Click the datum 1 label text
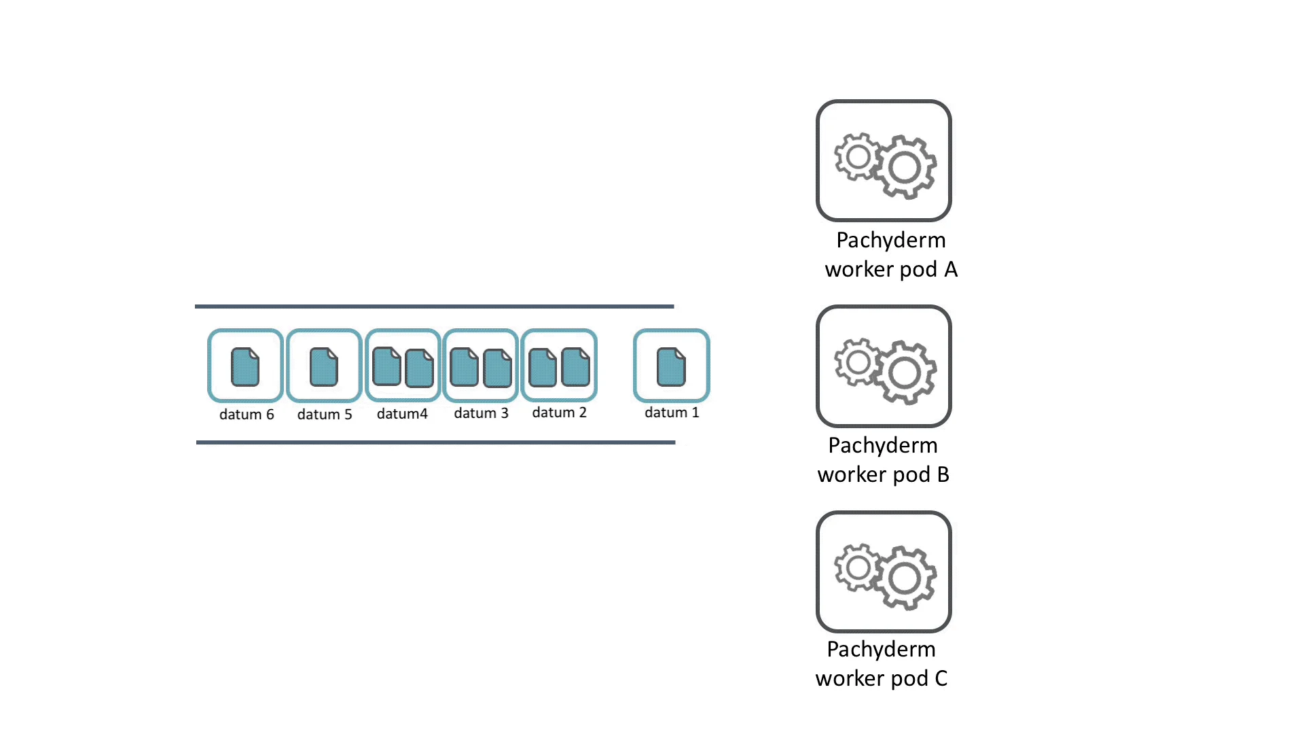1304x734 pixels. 672,413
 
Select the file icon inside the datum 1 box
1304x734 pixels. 671,367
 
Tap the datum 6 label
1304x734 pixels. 247,415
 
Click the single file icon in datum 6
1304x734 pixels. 245,367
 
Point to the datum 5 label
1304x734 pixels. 325,415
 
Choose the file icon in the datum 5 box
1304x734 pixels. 324,367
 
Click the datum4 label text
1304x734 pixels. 402,414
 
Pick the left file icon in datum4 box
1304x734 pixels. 386,366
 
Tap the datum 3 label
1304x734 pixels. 481,413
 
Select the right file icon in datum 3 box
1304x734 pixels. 497,368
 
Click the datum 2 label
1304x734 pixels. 559,413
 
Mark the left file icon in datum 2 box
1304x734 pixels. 543,367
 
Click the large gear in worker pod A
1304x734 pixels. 905,167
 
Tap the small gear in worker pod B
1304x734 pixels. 858,362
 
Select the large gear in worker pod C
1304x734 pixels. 905,578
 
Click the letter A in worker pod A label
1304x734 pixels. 951,270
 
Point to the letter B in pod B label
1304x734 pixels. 943,474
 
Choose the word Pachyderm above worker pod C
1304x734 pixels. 881,650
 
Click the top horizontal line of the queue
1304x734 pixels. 435,307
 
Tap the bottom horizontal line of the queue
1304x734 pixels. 436,442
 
